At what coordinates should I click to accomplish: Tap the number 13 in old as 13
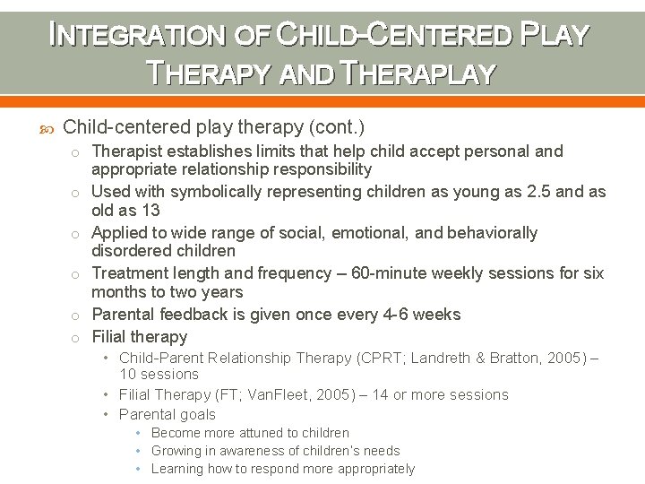pos(150,211)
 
